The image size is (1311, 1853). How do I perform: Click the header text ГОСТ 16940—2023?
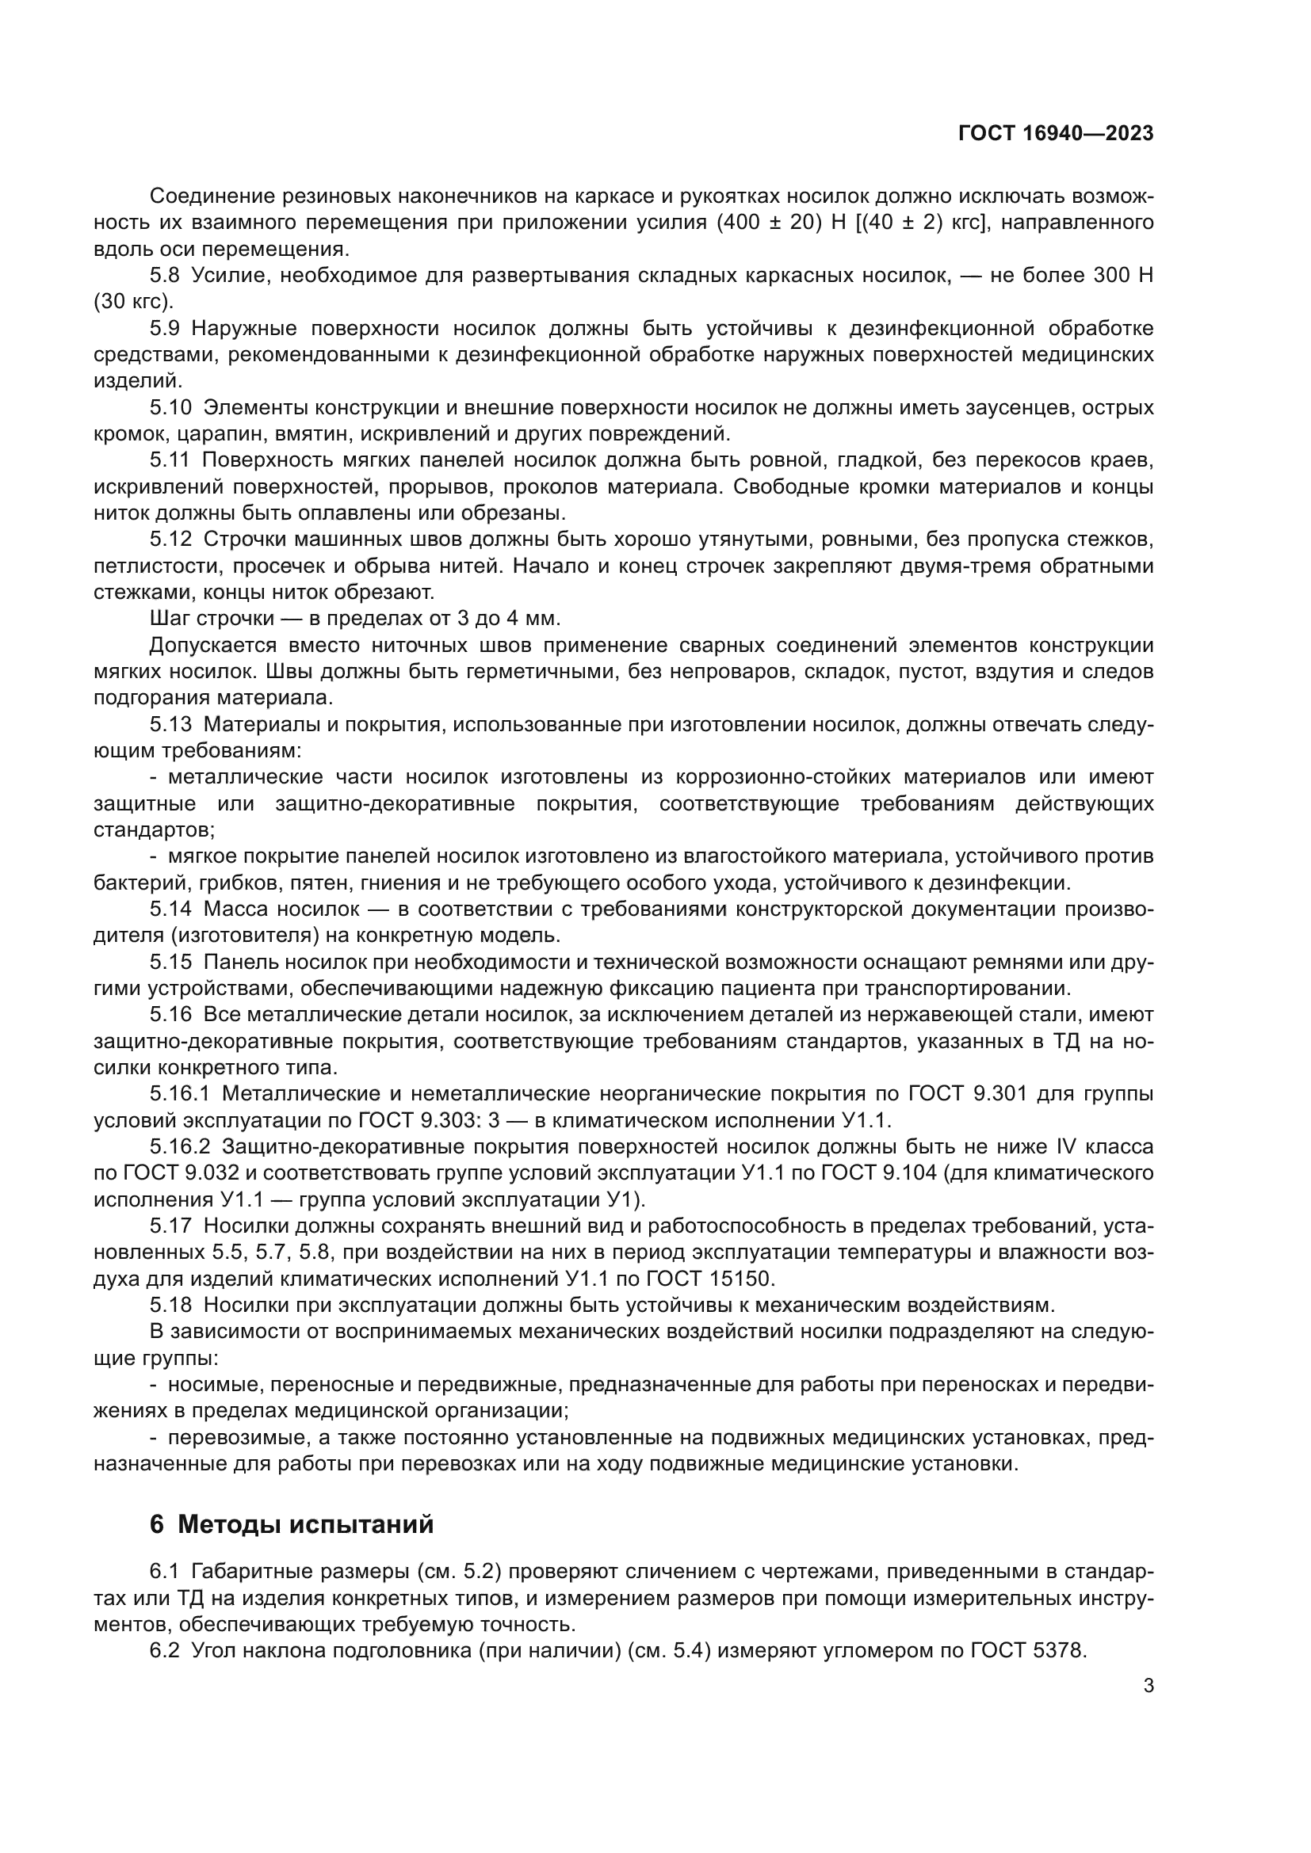tap(1055, 134)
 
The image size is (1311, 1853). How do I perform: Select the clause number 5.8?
tap(165, 276)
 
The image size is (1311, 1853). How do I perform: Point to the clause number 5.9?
tap(165, 329)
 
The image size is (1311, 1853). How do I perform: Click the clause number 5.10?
tap(170, 407)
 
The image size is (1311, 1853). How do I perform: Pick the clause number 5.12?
tap(170, 540)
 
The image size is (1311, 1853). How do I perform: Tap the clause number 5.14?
tap(170, 909)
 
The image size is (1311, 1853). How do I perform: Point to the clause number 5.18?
tap(170, 1304)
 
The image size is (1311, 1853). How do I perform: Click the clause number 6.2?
tap(165, 1650)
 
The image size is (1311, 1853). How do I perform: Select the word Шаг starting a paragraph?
tap(169, 618)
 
